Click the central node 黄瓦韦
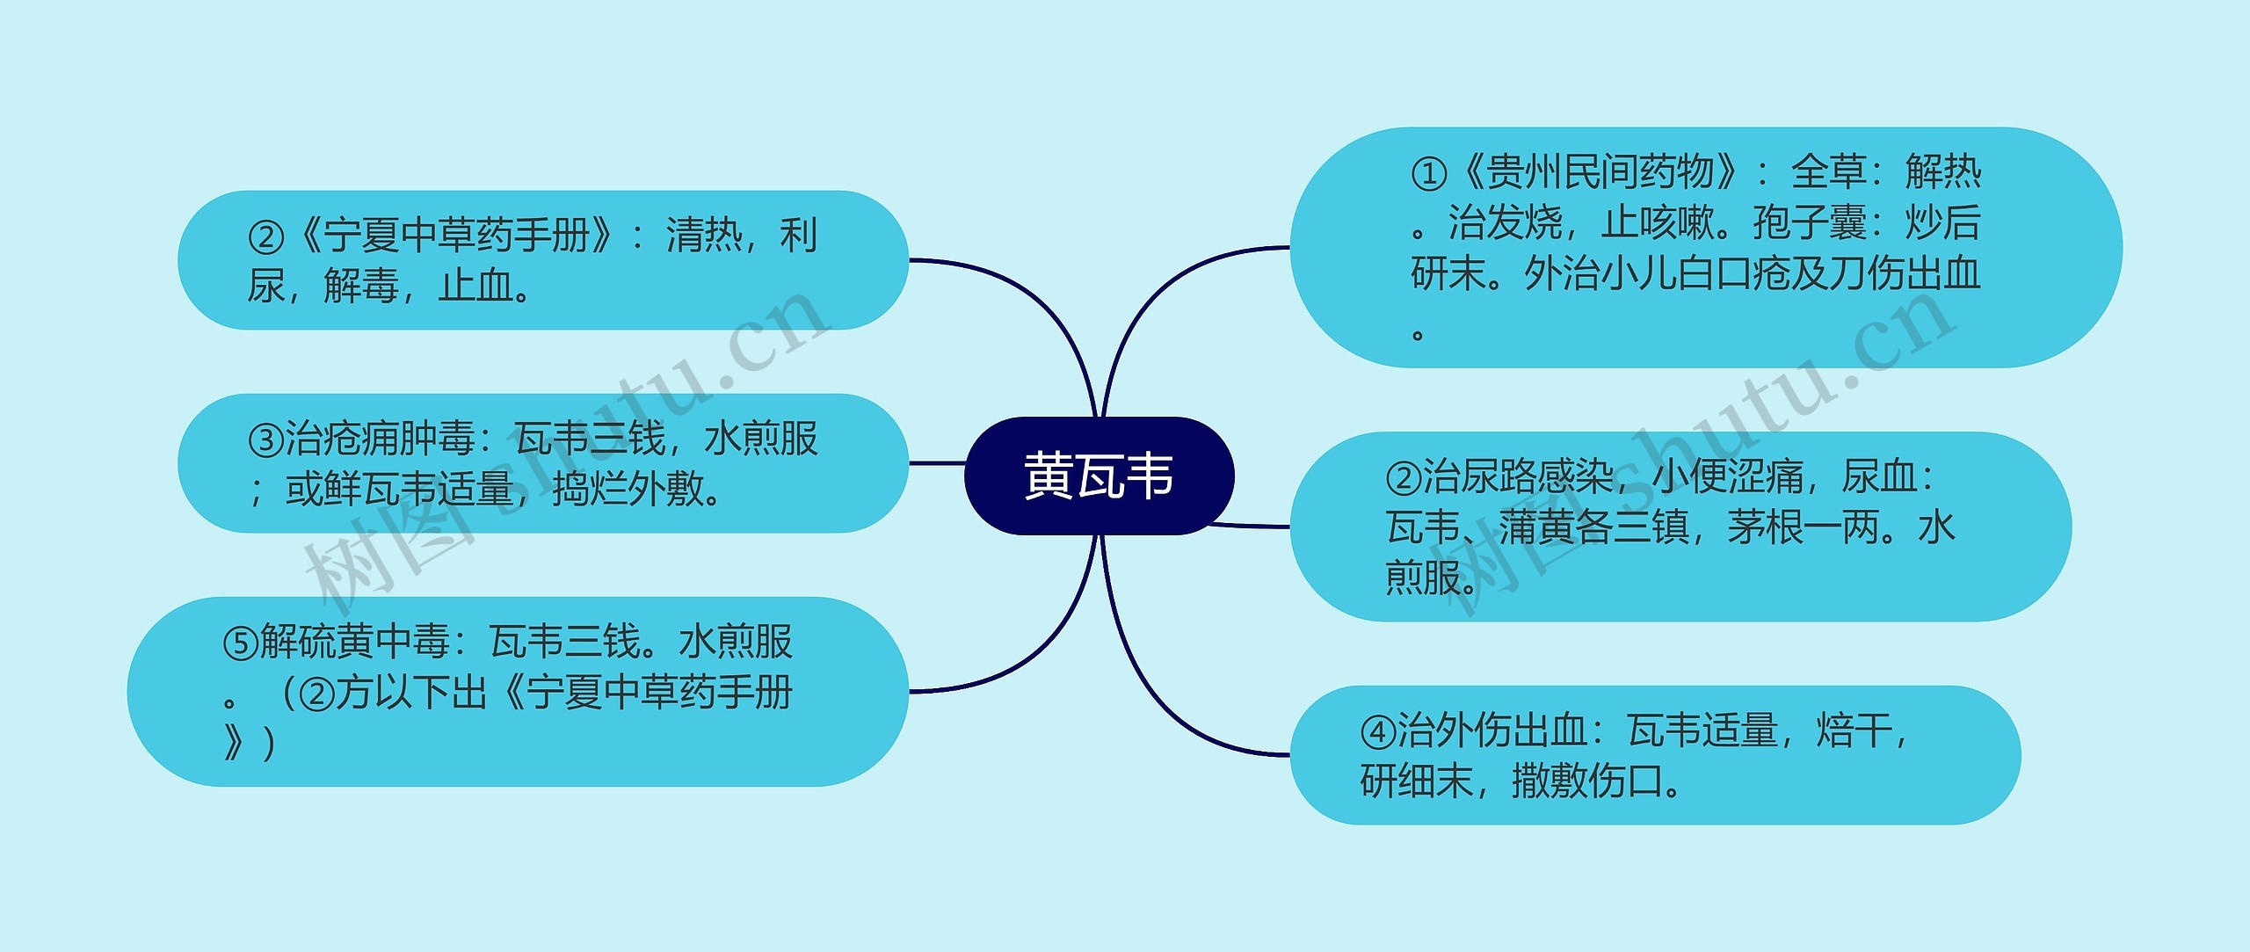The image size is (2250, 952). click(1099, 476)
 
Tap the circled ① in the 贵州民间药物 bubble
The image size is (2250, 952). click(1428, 174)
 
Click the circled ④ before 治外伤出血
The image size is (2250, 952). click(1377, 732)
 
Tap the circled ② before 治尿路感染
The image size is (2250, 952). click(1403, 478)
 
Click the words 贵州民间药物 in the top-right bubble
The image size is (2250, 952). click(1600, 172)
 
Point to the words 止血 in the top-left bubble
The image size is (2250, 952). click(475, 287)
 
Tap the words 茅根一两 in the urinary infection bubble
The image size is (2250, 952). click(1801, 528)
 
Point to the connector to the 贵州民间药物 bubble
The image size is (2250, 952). click(1169, 281)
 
